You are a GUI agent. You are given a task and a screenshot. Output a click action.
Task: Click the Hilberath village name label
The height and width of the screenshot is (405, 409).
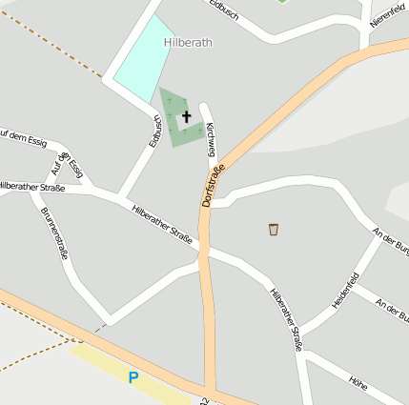188,43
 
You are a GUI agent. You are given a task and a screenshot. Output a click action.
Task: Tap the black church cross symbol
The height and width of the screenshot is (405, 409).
186,115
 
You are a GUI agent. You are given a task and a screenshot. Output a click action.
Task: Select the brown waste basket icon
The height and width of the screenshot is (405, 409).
274,229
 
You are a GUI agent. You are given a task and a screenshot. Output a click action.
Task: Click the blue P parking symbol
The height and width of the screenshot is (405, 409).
133,377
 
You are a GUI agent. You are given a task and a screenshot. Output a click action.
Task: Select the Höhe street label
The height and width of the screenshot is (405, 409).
358,384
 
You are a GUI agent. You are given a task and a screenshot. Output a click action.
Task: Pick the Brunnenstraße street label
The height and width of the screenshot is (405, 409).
54,233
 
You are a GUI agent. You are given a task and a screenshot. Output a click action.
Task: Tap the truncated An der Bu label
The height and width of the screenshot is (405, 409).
392,309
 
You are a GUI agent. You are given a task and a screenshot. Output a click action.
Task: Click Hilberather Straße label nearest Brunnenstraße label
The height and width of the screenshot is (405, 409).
31,188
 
